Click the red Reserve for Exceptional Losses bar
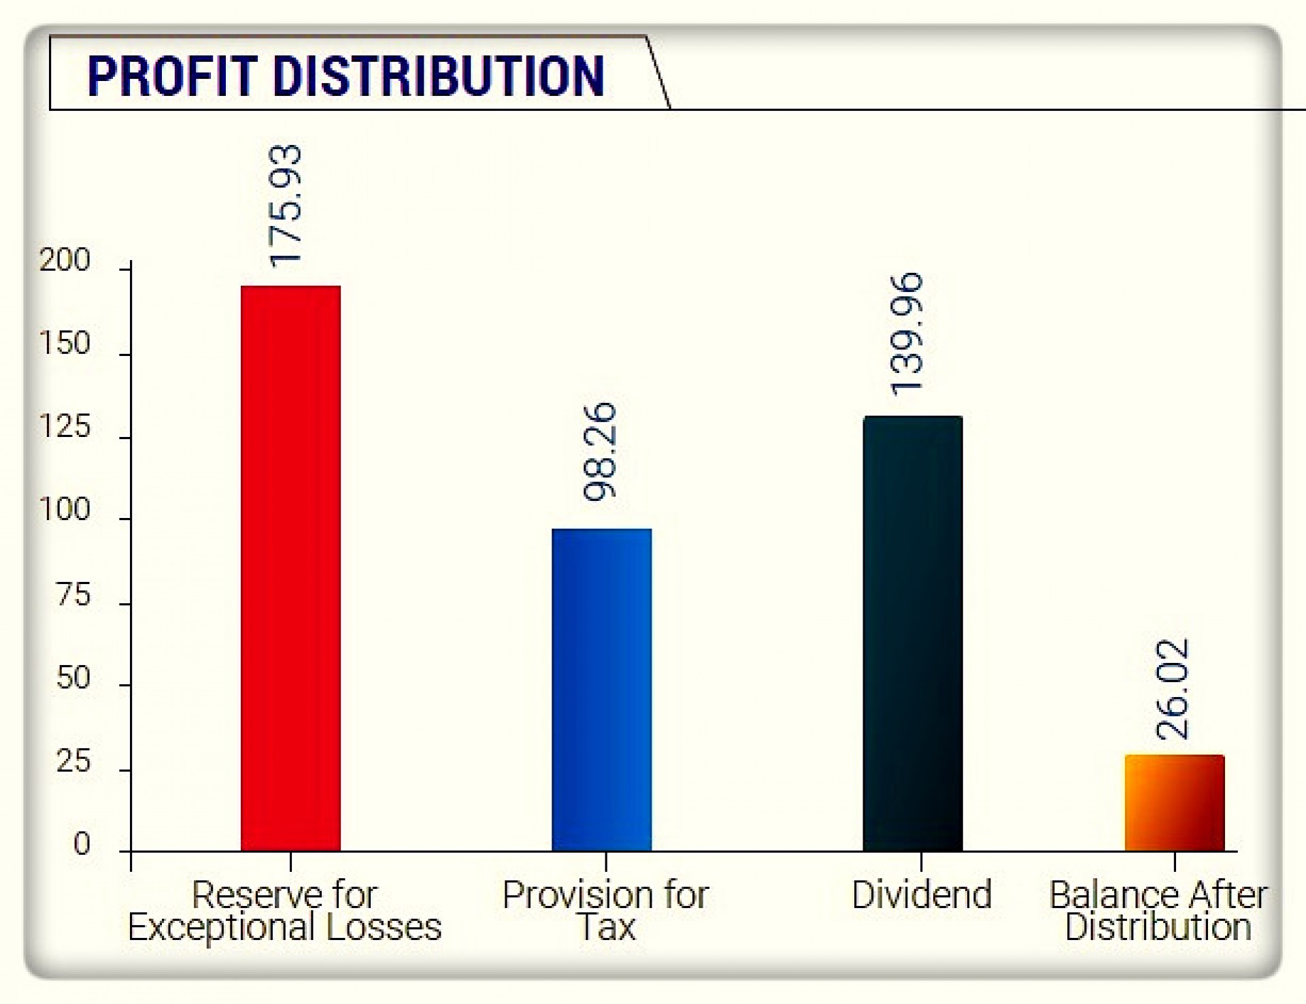(x=290, y=568)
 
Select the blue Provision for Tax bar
(x=601, y=689)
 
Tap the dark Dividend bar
(x=912, y=633)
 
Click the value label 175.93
(x=285, y=206)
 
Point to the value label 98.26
(x=600, y=452)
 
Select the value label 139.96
(x=907, y=334)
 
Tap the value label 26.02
(x=1173, y=689)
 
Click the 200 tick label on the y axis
(x=65, y=261)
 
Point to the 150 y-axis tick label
(x=65, y=344)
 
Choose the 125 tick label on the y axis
(x=65, y=427)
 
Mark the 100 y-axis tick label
(x=65, y=510)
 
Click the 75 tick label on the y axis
(x=73, y=596)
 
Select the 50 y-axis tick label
(x=73, y=678)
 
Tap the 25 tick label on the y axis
(x=73, y=762)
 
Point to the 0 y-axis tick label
(x=82, y=844)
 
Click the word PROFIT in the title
(x=173, y=76)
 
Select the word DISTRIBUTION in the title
(x=439, y=76)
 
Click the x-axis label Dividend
(x=922, y=894)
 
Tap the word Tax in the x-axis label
(x=605, y=927)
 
